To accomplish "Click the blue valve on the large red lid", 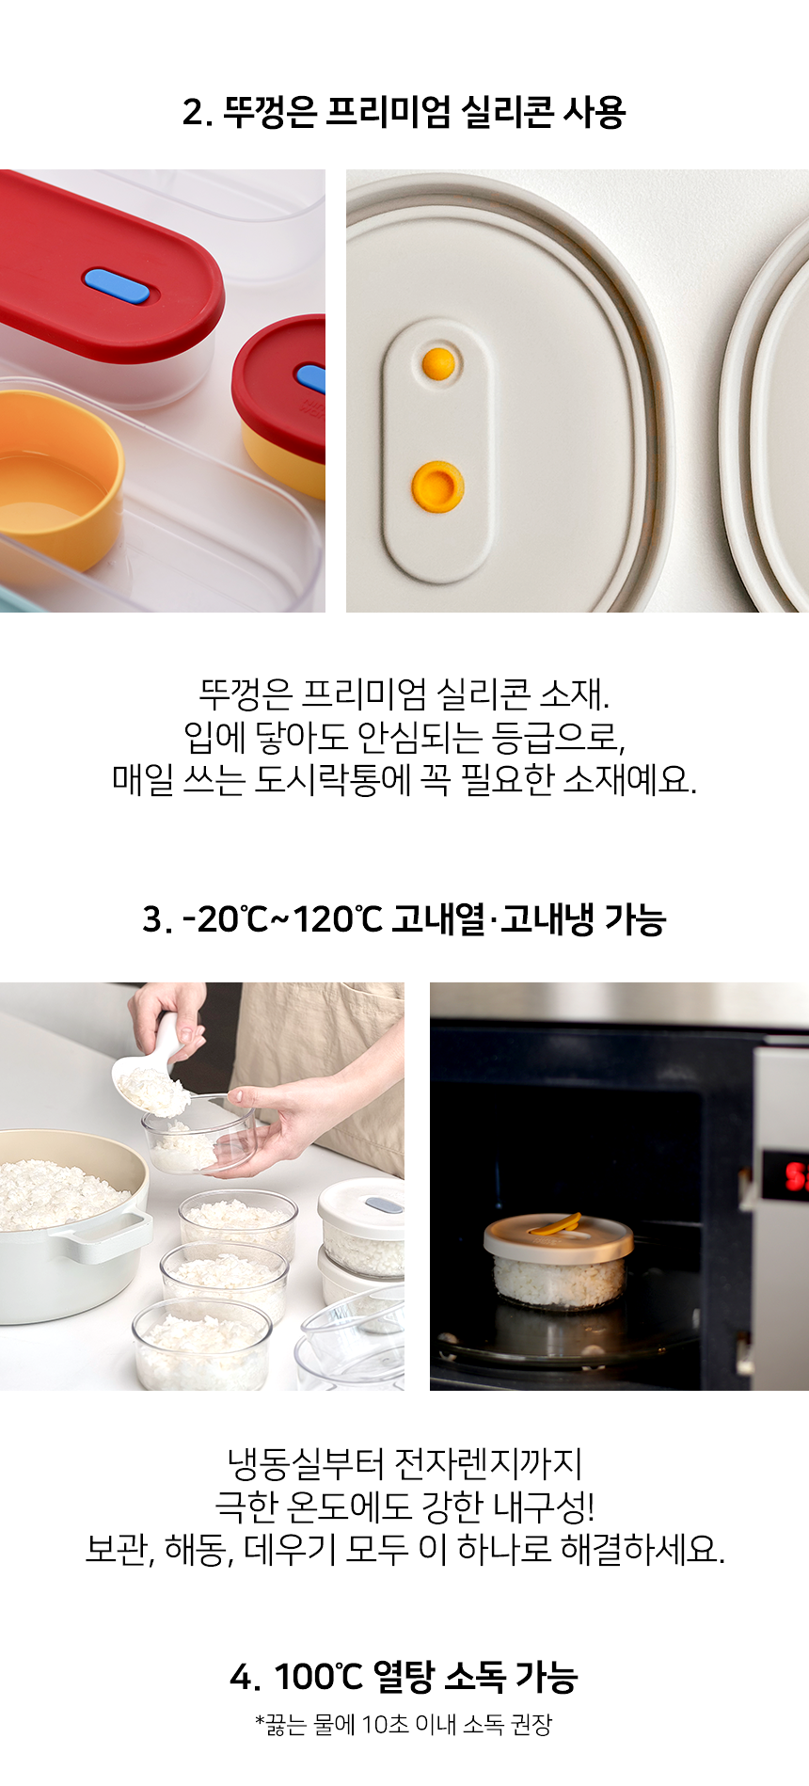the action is (117, 285).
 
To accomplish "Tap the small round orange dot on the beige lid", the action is (438, 363).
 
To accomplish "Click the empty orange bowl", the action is (58, 480).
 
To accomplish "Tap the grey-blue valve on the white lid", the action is (383, 1204).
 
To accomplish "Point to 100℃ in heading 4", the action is (318, 1676).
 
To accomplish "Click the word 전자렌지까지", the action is (488, 1463).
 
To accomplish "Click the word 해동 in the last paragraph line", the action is (199, 1549).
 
